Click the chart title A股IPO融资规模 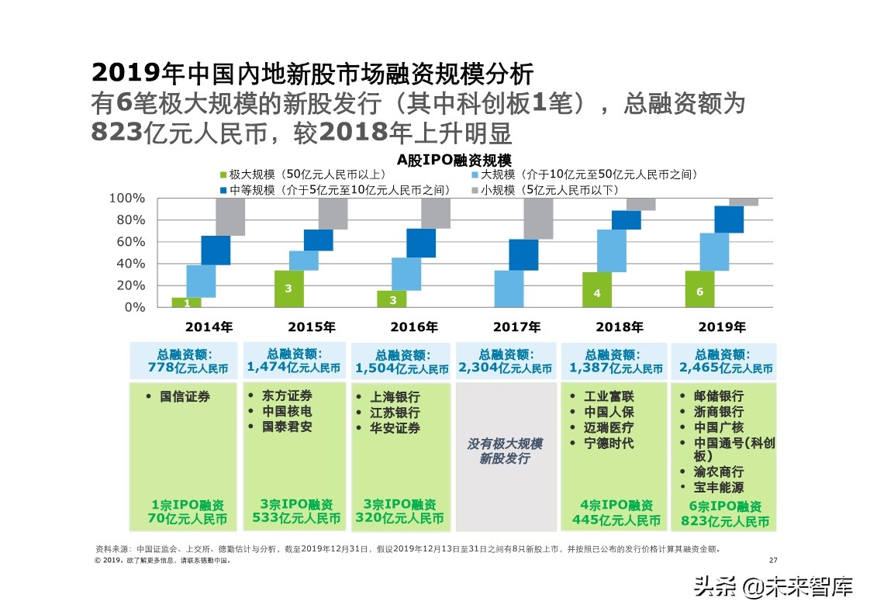pyautogui.click(x=454, y=161)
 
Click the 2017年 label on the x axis pyautogui.click(x=516, y=327)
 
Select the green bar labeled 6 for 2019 pyautogui.click(x=700, y=288)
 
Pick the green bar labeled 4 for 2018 pyautogui.click(x=597, y=289)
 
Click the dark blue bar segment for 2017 pyautogui.click(x=523, y=254)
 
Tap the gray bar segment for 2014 pyautogui.click(x=230, y=217)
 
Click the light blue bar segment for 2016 pyautogui.click(x=406, y=274)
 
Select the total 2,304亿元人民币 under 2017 pyautogui.click(x=506, y=361)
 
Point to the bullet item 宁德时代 pyautogui.click(x=608, y=443)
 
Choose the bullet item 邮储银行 pyautogui.click(x=718, y=396)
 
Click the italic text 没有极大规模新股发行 pyautogui.click(x=505, y=451)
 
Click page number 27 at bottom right pyautogui.click(x=772, y=560)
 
